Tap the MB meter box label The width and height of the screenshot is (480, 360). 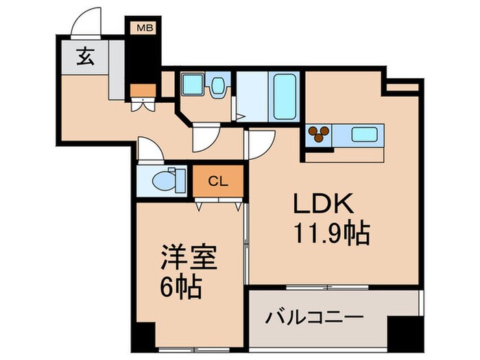tap(145, 28)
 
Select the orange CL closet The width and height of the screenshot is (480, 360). tap(217, 181)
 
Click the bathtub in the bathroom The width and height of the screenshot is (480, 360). tap(283, 98)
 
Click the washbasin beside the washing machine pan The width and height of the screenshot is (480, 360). tap(219, 87)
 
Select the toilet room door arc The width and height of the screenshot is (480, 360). tap(149, 149)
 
